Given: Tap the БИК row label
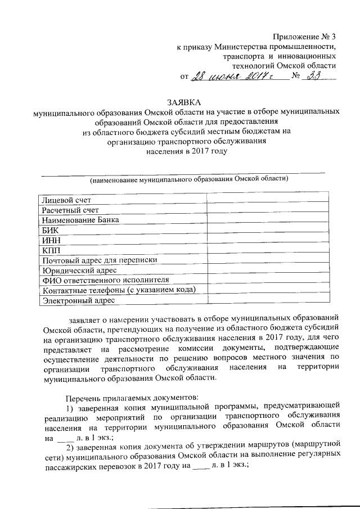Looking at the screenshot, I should [50, 230].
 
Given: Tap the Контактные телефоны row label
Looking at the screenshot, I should [118, 290].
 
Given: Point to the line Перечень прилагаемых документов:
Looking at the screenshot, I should [132, 398].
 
